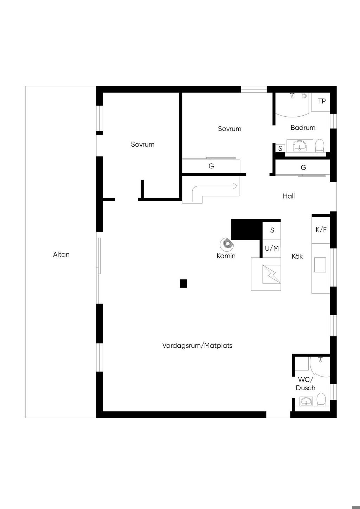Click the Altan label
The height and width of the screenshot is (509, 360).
[x=61, y=254]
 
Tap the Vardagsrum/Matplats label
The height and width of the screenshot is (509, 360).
[x=197, y=346]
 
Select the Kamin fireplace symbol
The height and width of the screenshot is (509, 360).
[x=226, y=243]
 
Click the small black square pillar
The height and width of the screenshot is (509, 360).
[x=183, y=283]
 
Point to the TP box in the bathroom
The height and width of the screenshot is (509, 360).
[x=322, y=101]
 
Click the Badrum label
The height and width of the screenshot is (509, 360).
[x=303, y=128]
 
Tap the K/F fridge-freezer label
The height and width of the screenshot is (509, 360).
[x=321, y=230]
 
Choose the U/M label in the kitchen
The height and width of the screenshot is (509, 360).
[x=272, y=249]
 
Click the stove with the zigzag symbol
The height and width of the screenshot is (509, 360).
[x=271, y=274]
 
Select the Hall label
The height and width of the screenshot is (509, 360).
[x=289, y=196]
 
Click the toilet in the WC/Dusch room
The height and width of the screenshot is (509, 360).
[x=321, y=400]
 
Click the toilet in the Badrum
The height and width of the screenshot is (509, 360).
[x=319, y=145]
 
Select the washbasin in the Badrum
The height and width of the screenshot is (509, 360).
[x=300, y=145]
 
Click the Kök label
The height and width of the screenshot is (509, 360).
[x=297, y=257]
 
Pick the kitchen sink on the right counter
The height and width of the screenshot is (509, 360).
[x=320, y=265]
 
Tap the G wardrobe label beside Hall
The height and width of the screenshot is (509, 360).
[x=303, y=168]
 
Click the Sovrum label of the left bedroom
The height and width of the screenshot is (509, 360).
[x=142, y=144]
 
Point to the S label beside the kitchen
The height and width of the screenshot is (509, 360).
[x=272, y=231]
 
